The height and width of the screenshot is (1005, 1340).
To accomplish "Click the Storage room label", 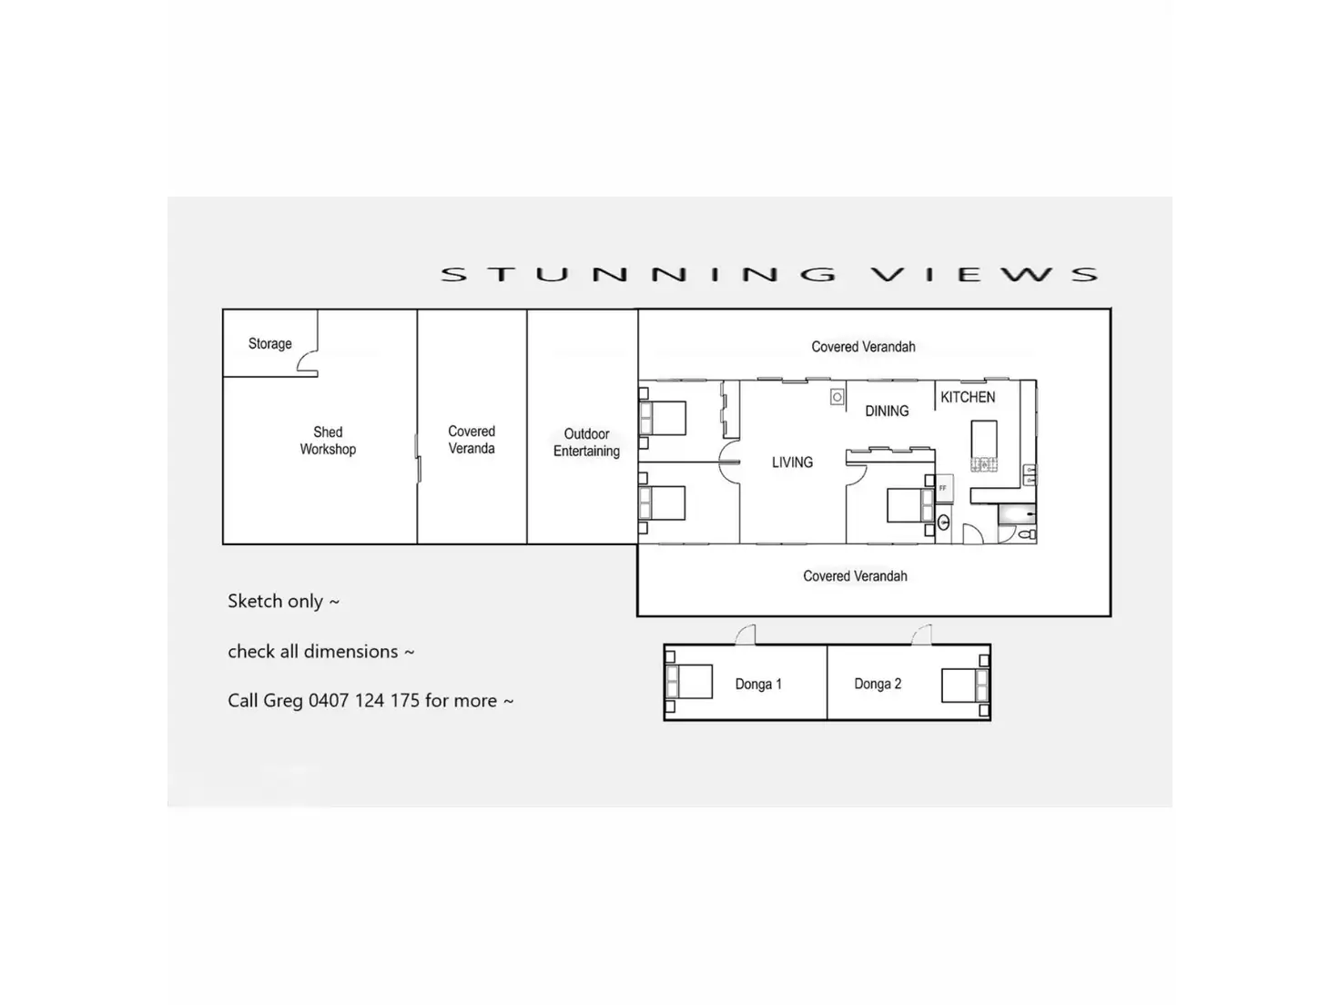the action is point(269,344).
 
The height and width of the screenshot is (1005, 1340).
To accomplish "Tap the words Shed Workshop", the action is point(328,441).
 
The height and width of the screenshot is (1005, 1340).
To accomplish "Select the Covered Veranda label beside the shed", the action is point(472,440).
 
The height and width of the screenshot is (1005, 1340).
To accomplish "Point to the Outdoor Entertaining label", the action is point(586,442).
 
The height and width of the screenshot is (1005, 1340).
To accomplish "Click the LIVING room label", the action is point(792,462).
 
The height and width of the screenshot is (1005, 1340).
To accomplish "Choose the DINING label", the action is point(887,411).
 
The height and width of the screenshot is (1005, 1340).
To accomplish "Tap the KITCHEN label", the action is point(968,398).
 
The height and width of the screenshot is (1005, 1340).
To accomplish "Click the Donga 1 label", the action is point(758,685).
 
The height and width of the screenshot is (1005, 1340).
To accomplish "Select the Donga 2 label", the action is point(878,684).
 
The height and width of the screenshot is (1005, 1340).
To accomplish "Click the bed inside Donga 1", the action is point(690,682).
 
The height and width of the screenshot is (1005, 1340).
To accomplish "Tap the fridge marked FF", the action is point(943,489).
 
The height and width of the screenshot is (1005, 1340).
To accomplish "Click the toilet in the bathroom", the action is point(1028,534).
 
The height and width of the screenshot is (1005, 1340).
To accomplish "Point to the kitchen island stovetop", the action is point(984,464).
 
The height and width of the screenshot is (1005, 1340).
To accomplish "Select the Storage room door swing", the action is point(307,361).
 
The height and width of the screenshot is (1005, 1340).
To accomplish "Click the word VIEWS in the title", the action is point(983,274).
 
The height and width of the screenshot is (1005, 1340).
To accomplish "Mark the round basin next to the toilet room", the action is point(944,523).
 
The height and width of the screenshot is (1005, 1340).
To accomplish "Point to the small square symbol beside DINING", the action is point(837,397).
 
